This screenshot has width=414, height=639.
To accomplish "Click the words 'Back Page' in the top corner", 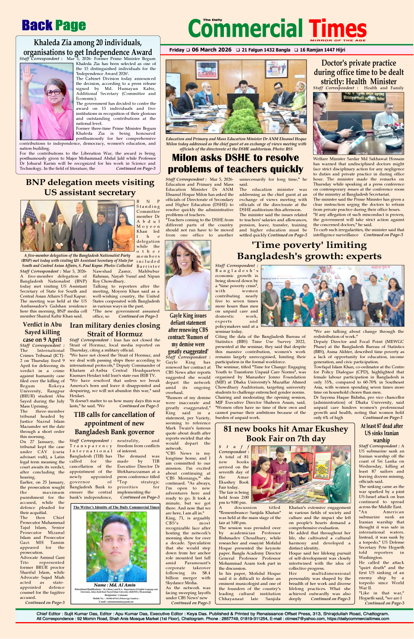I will point(54,26).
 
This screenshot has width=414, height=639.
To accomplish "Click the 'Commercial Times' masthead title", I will point(277,29).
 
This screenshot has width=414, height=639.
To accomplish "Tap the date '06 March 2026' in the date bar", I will point(211,50).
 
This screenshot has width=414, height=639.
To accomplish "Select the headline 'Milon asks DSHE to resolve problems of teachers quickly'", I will point(235,163).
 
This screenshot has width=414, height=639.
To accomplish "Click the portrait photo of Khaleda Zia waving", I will point(46,101).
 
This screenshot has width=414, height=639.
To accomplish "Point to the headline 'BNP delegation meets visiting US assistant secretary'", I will point(90,187).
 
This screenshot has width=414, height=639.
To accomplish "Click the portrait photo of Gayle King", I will point(188,276).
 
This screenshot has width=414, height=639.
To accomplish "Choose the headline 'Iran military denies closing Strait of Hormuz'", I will point(115,329).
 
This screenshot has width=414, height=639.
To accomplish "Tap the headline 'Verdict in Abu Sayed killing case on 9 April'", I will point(42,332).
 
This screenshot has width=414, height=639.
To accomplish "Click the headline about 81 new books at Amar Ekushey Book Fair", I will point(286,433).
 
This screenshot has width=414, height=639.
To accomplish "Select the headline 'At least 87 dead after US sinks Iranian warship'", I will point(381,433).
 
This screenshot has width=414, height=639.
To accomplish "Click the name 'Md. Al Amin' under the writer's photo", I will point(115,585).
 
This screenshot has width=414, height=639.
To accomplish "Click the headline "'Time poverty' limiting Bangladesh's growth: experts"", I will point(309,250).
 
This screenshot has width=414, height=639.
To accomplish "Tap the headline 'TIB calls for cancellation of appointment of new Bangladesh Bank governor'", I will point(114,423).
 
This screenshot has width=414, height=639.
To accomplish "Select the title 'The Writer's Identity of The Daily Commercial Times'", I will point(116,507).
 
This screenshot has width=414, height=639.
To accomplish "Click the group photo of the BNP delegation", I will point(77,226).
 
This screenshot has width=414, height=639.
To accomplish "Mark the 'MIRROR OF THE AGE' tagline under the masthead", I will point(338,41).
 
